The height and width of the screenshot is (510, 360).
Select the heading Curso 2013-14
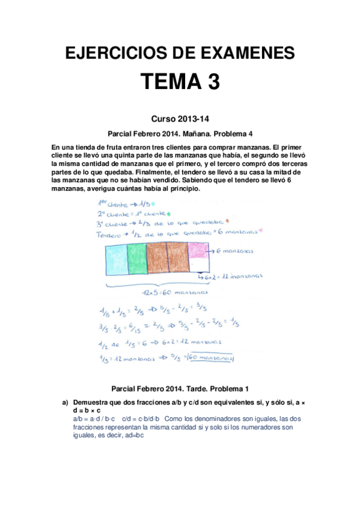pos(180,119)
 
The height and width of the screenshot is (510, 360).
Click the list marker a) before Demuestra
pos(66,402)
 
